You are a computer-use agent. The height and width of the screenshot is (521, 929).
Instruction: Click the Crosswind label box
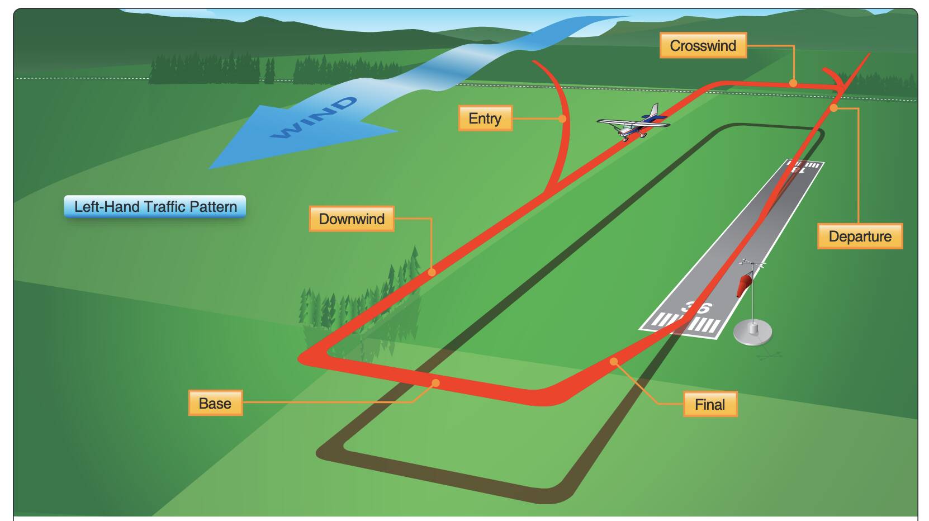coord(703,45)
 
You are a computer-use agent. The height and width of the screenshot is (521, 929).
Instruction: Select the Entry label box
coord(485,118)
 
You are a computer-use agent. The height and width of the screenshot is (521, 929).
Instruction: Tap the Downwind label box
coord(352,219)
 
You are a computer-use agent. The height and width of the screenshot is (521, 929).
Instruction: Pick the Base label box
coord(215,403)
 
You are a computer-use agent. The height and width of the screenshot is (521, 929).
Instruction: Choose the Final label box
coord(710,404)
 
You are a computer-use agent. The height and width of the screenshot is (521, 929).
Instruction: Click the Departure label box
coord(860,236)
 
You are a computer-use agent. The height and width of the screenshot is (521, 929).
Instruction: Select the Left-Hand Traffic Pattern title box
coord(155,207)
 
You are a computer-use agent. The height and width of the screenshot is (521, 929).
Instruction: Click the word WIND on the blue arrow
coord(314,118)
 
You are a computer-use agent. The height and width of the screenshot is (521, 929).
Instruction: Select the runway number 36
coord(696,307)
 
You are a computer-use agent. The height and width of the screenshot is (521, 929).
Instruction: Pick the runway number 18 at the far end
coord(797,169)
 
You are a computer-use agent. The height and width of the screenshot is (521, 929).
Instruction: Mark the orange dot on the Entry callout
coord(562,119)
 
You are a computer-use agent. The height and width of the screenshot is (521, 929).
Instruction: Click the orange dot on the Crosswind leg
coord(793,83)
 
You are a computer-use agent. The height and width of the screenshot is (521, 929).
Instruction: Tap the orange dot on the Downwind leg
coord(432,272)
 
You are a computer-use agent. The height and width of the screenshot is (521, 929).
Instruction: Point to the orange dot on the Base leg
coord(435,382)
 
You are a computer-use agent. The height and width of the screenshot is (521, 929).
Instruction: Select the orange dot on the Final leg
coord(614,361)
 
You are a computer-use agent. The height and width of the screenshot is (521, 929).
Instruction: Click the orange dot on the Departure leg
coord(833,108)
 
